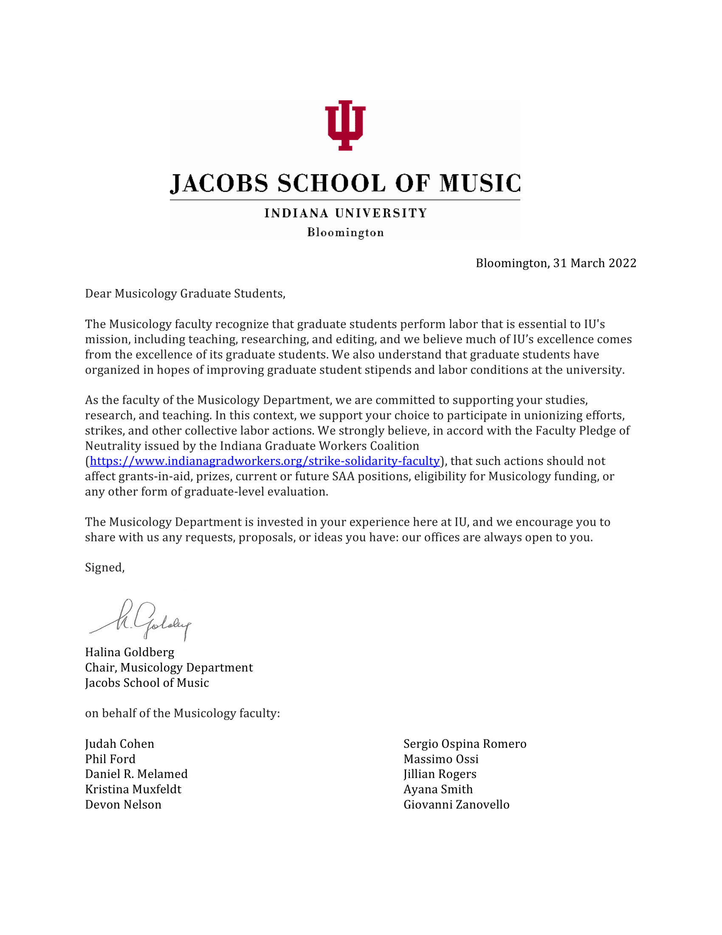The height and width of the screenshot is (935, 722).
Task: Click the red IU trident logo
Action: click(345, 125)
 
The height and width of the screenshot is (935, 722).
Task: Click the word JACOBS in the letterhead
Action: click(219, 183)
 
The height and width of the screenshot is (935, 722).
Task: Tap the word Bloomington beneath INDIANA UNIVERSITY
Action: click(345, 232)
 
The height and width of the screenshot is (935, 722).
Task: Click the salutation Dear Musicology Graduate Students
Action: click(185, 294)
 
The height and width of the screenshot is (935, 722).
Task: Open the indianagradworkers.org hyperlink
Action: click(265, 461)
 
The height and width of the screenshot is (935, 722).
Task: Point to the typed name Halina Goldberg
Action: click(130, 652)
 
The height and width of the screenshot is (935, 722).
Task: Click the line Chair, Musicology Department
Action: click(169, 667)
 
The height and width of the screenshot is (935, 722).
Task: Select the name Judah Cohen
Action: click(120, 744)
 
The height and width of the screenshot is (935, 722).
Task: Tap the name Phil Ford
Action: click(110, 759)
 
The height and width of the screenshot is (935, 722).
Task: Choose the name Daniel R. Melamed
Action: click(136, 774)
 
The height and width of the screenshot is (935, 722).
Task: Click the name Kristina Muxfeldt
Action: click(133, 789)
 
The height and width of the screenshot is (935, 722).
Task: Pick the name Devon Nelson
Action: click(123, 805)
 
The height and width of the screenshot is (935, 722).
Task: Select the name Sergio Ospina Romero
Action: click(465, 744)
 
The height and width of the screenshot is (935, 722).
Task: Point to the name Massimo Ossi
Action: click(441, 759)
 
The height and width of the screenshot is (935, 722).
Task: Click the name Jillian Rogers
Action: click(440, 774)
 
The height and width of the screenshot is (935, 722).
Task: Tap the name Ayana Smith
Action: click(438, 789)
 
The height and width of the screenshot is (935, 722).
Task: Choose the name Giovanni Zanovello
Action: click(457, 805)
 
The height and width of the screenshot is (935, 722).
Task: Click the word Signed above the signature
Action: click(104, 568)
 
